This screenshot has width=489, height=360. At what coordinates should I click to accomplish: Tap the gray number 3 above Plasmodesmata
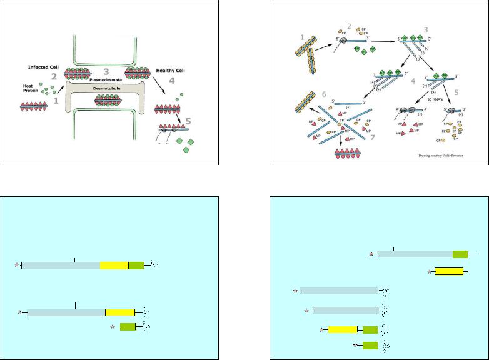pos(106,71)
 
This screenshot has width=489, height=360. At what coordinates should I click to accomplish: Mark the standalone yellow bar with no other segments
pos(448,271)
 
